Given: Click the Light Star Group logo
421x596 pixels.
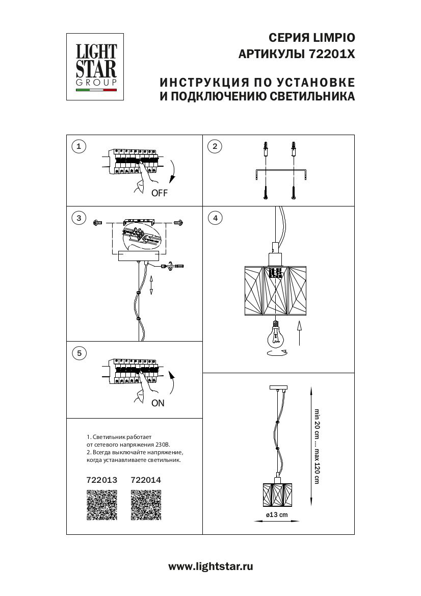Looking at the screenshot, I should click(96, 67).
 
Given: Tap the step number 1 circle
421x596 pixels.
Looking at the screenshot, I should click(78, 147).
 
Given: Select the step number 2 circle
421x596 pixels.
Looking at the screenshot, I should click(215, 147).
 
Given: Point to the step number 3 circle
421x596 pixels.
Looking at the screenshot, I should click(78, 218).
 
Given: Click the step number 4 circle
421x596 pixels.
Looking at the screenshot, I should click(215, 218).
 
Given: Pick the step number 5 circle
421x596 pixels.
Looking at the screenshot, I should click(78, 353).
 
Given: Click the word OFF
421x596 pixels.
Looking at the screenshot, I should click(159, 193).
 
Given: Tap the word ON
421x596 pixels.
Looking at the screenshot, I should click(158, 403).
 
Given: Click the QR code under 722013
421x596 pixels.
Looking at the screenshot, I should click(102, 505).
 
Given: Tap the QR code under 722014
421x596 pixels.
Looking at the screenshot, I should click(146, 505).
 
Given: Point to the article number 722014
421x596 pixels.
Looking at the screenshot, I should click(146, 480).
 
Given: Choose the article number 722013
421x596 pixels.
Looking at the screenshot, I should click(102, 480).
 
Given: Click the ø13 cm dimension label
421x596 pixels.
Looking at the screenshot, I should click(277, 514).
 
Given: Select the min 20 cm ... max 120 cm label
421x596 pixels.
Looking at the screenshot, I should click(317, 446).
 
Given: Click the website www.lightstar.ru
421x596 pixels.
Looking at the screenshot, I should click(210, 566).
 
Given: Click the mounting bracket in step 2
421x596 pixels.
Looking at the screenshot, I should click(279, 172).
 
